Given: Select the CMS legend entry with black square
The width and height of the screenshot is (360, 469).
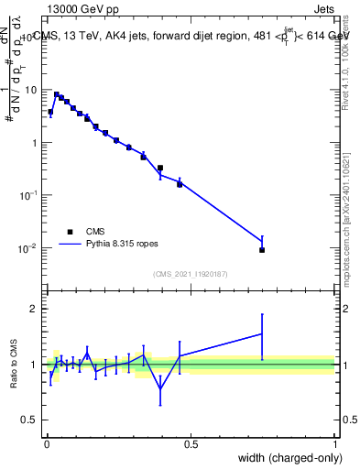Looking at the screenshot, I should click(96, 232).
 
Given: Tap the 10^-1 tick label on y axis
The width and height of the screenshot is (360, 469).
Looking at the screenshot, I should click(31, 196).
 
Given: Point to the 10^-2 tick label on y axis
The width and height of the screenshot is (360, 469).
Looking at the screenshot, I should click(31, 248).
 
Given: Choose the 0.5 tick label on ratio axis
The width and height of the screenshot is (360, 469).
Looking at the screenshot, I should click(33, 420).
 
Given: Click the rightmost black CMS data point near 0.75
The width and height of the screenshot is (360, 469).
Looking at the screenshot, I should click(262, 250).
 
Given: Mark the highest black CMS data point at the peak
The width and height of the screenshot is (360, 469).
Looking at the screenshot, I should click(56, 94).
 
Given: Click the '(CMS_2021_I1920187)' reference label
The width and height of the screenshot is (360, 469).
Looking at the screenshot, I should click(191, 274).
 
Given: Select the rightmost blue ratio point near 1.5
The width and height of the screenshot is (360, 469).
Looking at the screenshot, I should click(262, 333).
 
